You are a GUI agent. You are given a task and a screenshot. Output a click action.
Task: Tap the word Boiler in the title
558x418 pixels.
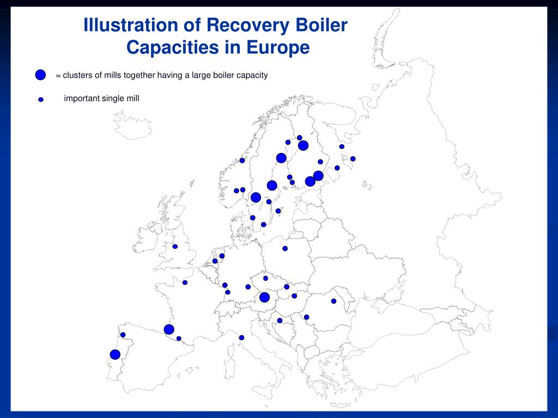tap(321, 26)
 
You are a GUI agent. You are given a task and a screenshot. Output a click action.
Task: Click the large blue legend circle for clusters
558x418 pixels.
tap(40, 75)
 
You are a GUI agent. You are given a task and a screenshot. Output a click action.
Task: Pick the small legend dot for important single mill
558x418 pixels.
tap(41, 100)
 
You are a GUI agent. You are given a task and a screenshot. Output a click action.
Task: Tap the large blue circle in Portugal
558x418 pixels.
tap(115, 354)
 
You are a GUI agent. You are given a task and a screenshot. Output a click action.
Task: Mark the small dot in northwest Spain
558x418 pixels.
tap(123, 335)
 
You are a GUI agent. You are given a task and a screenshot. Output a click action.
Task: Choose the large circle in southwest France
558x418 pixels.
tap(169, 329)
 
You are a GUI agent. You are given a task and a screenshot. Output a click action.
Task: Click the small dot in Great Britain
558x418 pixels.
tap(175, 247)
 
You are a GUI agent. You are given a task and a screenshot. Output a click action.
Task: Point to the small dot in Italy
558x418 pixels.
tap(241, 337)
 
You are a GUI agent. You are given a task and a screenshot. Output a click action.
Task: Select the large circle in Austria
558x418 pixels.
tap(265, 297)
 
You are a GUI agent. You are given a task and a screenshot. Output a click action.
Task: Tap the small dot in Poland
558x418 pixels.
tap(285, 248)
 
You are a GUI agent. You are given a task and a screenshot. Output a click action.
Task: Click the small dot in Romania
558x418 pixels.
tap(333, 301)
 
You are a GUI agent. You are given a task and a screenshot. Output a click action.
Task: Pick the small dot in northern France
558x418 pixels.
tap(185, 282)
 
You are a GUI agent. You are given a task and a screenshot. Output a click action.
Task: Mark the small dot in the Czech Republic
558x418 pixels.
tap(266, 278)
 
